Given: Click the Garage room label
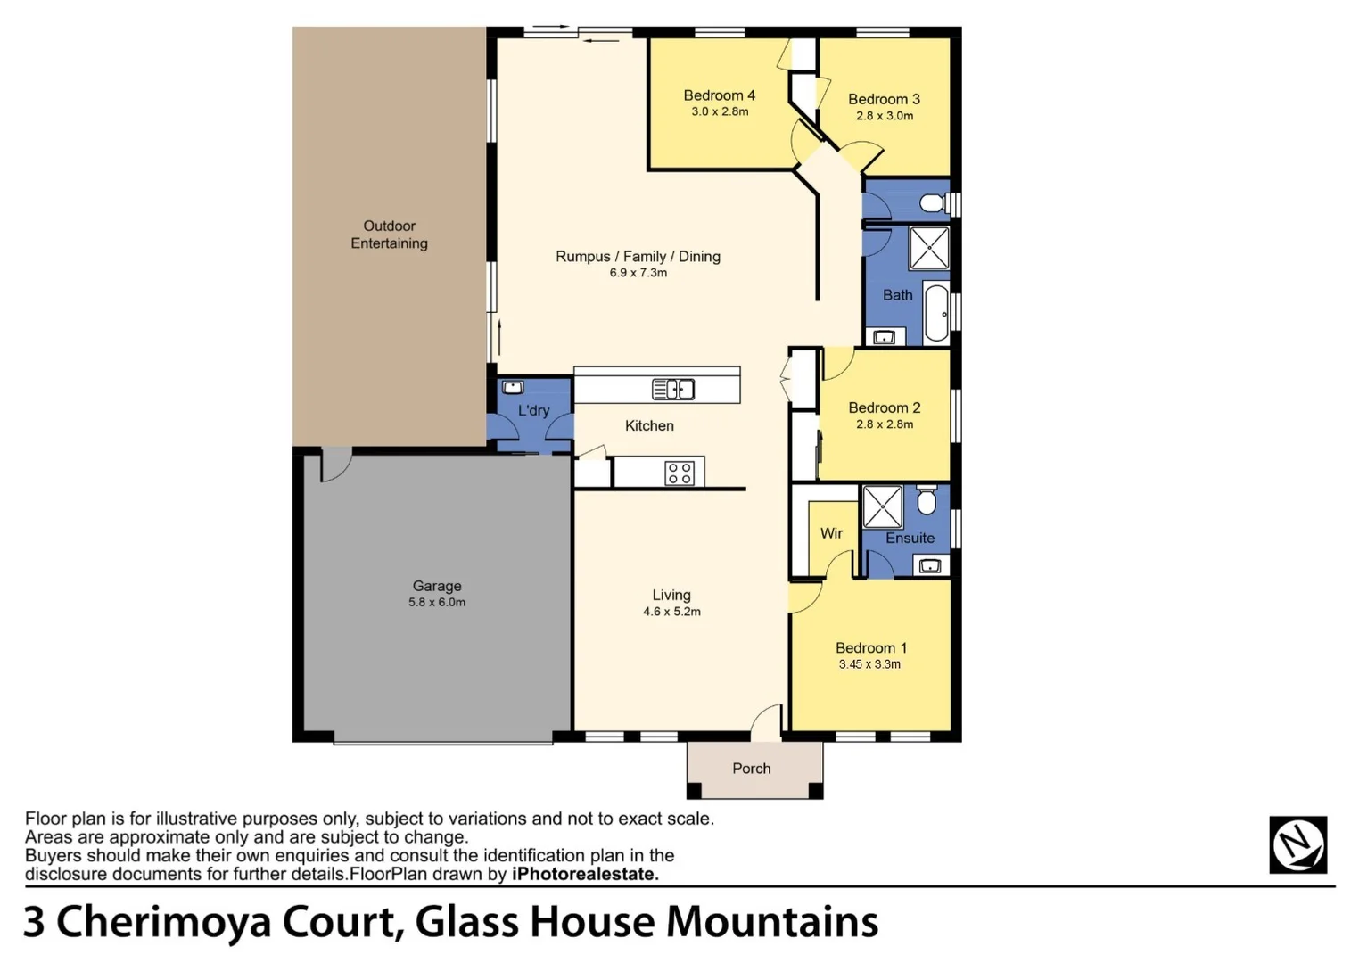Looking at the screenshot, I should [x=436, y=586].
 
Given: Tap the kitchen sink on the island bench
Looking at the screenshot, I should [x=673, y=390].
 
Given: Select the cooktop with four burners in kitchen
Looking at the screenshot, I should [x=679, y=473].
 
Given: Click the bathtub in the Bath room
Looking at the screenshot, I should [x=936, y=313].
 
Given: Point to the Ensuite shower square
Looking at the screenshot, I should [x=883, y=507].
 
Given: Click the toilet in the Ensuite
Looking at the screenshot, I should [x=927, y=501].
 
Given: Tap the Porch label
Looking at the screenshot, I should [x=751, y=769].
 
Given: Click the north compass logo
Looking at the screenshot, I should [x=1297, y=844].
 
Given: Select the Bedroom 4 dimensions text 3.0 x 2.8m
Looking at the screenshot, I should [x=720, y=112].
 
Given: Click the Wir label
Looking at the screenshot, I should [x=831, y=533].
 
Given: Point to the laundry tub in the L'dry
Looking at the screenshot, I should [x=513, y=388].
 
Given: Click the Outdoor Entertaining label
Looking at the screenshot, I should [x=389, y=235].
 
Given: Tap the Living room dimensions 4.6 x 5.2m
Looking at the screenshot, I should [x=671, y=612].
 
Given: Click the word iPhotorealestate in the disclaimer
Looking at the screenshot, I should [x=585, y=875].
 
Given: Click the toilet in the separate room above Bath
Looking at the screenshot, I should [x=933, y=203].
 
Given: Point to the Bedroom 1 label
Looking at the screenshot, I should [x=870, y=648].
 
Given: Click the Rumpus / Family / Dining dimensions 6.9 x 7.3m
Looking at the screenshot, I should [x=638, y=273].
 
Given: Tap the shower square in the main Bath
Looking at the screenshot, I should [x=928, y=248].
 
